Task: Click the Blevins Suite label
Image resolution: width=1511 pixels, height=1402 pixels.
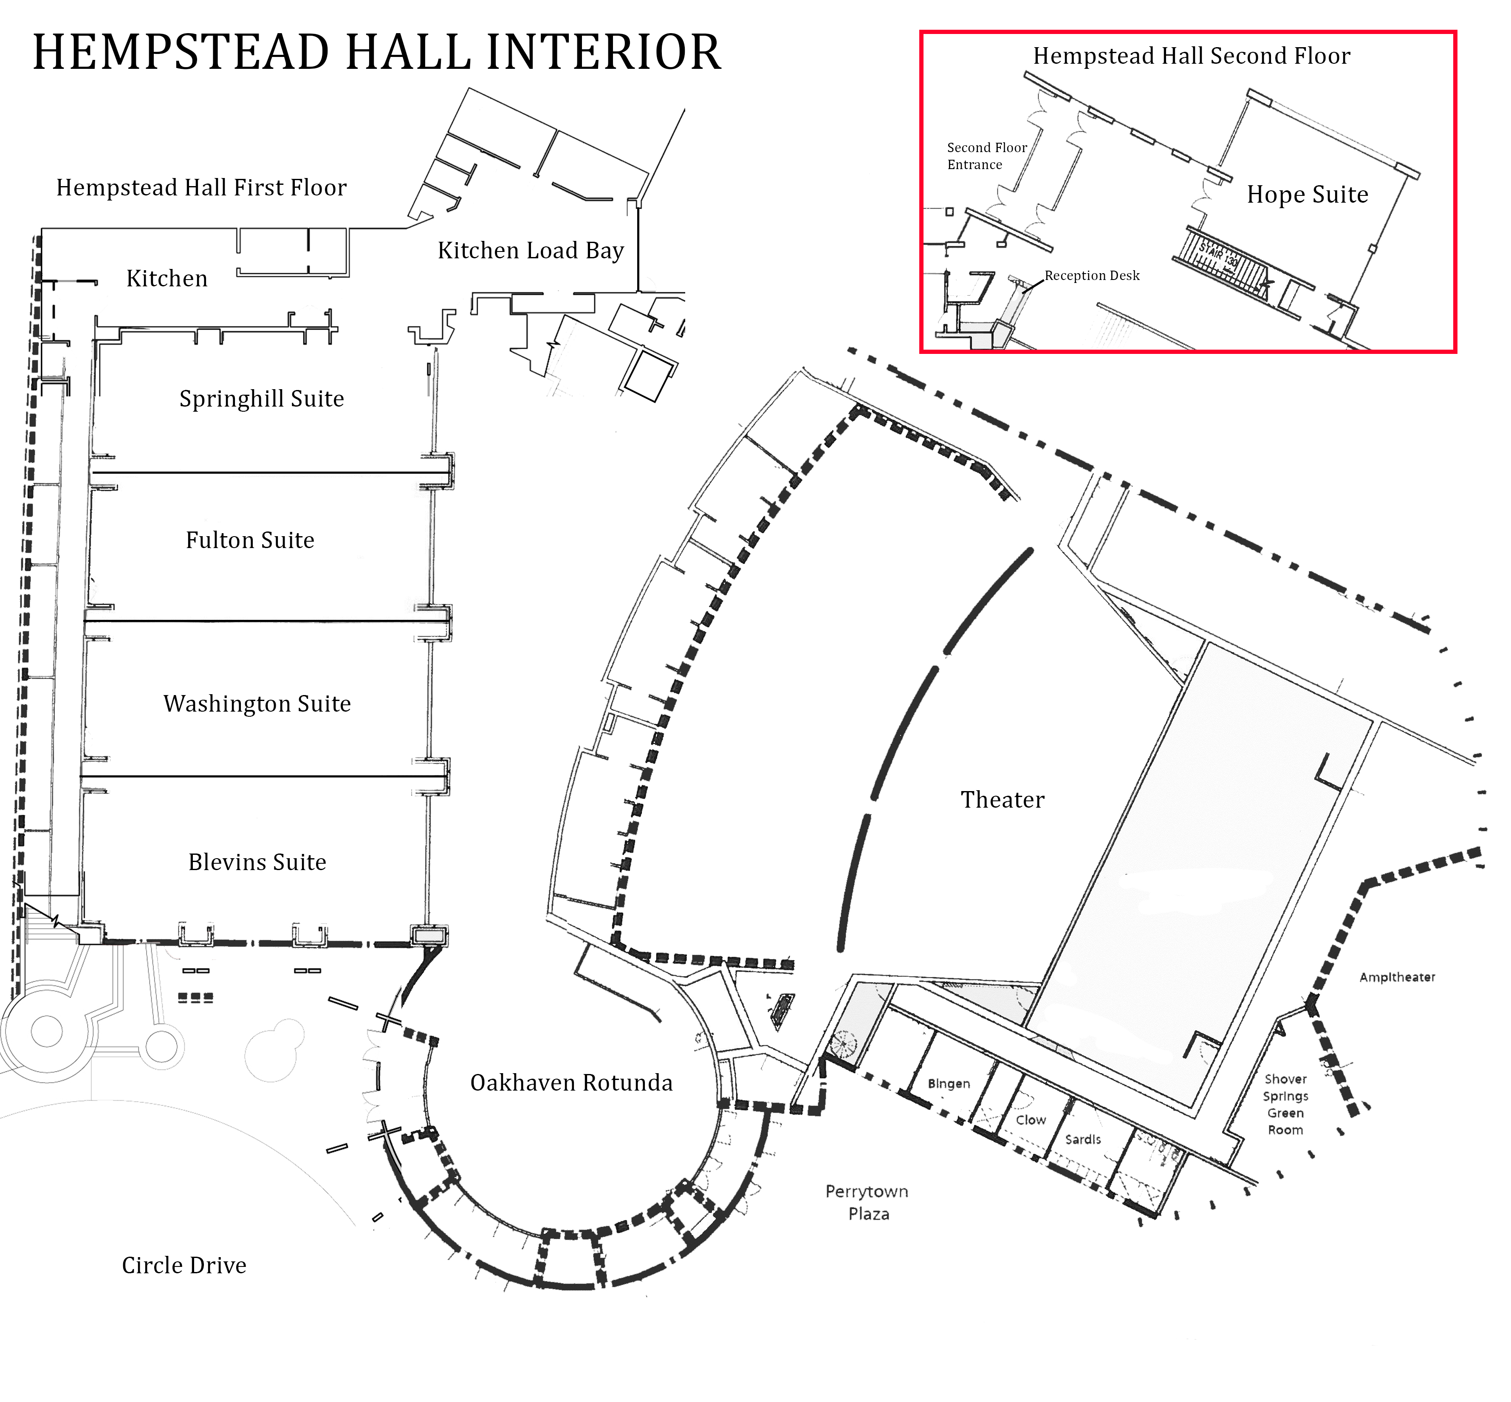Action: [257, 862]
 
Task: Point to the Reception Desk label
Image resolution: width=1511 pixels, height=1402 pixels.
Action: [1092, 275]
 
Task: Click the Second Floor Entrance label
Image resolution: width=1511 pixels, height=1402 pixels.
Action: [986, 155]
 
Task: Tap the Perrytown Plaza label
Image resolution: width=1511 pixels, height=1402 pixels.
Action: [867, 1202]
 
